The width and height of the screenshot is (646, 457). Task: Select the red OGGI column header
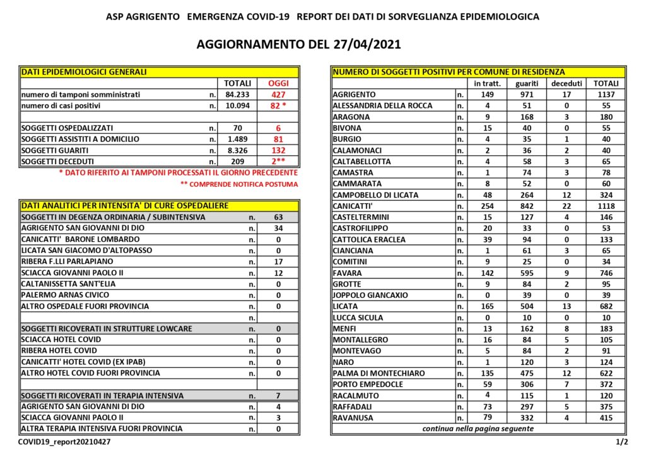click(278, 83)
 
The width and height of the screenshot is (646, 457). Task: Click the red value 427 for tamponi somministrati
click(278, 95)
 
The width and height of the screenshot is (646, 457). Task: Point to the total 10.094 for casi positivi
click(238, 105)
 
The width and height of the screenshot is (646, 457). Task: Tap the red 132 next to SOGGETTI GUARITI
click(278, 150)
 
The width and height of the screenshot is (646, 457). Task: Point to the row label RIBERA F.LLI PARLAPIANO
click(67, 261)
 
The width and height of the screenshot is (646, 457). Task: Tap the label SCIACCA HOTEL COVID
click(61, 340)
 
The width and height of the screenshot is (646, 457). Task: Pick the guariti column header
click(526, 83)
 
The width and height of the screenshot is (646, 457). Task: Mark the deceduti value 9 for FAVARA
click(566, 273)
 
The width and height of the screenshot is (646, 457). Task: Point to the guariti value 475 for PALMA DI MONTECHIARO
click(526, 373)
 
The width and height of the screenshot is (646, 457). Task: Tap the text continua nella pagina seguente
click(478, 429)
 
